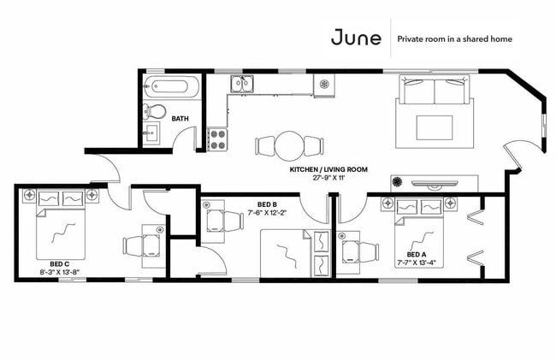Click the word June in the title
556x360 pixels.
tap(356, 38)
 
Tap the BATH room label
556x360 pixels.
tap(180, 119)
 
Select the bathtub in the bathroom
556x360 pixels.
tap(172, 86)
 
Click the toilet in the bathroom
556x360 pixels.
tap(154, 111)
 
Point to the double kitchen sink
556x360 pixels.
tap(242, 84)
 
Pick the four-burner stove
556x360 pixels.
tap(217, 139)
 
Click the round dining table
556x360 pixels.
tap(289, 145)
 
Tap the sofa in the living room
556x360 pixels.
tap(435, 89)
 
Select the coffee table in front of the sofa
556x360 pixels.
tap(435, 127)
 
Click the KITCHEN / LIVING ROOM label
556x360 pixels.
tap(328, 169)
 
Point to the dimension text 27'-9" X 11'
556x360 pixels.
tap(328, 178)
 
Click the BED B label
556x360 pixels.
tap(267, 204)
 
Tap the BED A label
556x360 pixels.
tap(417, 255)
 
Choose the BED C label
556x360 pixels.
tap(60, 264)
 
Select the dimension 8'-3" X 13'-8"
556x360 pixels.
tap(60, 272)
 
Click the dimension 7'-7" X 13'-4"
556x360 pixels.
tap(417, 263)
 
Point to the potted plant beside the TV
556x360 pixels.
tap(397, 182)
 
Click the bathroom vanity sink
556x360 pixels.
tap(151, 133)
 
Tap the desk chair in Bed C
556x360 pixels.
tap(133, 246)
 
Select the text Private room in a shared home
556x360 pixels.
tap(454, 39)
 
